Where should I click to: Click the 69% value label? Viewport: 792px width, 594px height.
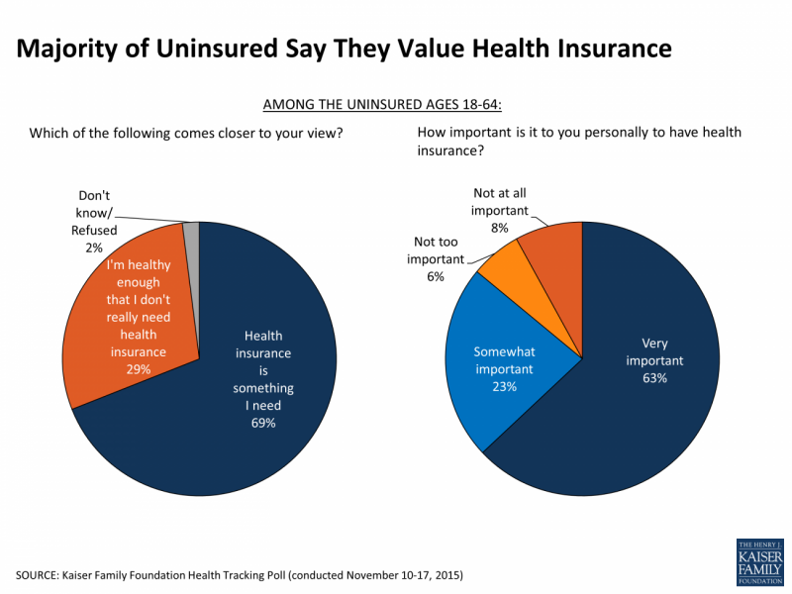262,423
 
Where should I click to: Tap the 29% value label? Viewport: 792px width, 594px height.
139,368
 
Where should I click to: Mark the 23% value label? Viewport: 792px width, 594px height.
504,386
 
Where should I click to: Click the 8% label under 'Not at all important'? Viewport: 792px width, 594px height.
500,228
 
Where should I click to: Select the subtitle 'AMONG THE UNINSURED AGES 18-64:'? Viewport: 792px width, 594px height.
395,104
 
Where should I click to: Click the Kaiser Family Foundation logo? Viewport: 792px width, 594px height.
759,561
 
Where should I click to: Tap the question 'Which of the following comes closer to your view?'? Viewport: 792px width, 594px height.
186,133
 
